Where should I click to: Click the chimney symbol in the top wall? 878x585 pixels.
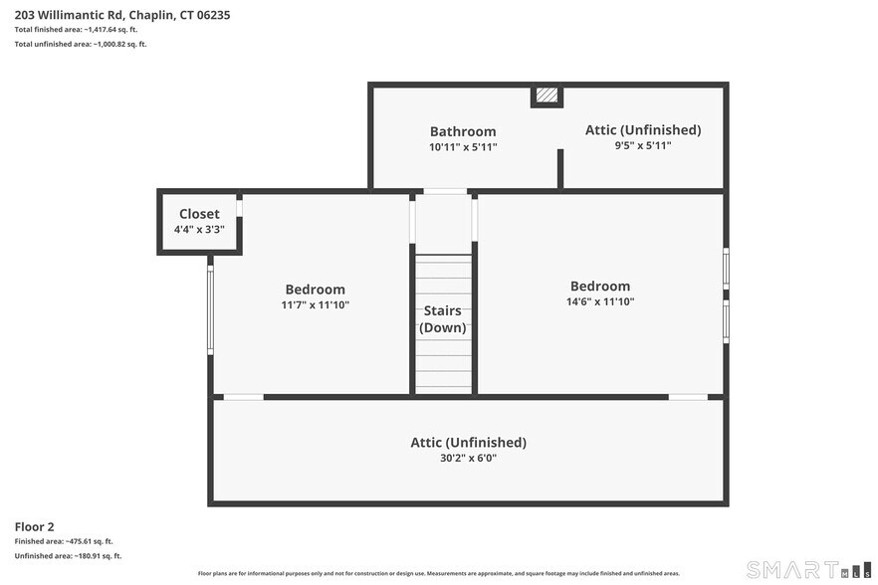coord(547,96)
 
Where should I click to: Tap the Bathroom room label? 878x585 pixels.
coord(463,131)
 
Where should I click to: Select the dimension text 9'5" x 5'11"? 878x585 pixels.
coord(643,145)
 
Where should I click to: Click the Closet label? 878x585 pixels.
coord(199,214)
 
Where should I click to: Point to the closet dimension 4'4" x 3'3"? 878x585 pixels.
coord(199,230)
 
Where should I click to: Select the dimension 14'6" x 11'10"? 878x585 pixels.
coord(600,301)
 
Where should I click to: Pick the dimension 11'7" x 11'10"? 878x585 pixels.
coord(316,305)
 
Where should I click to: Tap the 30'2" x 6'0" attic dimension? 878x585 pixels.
coord(468,459)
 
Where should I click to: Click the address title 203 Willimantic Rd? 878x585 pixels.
coord(122,15)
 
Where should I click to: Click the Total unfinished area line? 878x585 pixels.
coord(81,44)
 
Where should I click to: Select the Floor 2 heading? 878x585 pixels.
coord(35,526)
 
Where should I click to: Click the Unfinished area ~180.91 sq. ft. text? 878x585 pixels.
coord(68,556)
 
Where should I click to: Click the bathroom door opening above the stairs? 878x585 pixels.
coord(445,191)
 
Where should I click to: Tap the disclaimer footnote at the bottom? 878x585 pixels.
coord(439,574)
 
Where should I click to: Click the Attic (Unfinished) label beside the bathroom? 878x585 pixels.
coord(643,130)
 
